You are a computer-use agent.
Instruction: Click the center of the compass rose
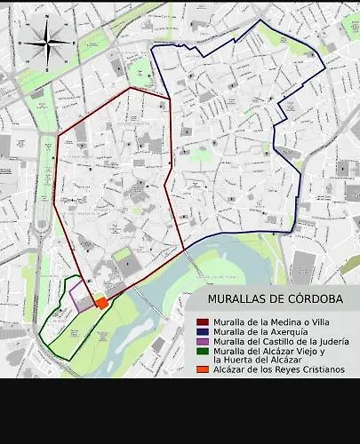click(x=47, y=43)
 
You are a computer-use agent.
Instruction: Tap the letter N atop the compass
click(x=47, y=16)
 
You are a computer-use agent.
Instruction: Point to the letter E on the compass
click(x=74, y=43)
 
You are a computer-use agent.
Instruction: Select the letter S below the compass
click(x=47, y=69)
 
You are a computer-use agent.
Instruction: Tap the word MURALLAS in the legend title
click(x=237, y=299)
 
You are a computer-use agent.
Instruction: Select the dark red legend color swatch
click(x=203, y=321)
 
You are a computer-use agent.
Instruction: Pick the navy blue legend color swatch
click(x=203, y=331)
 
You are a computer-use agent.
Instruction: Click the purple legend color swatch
click(x=203, y=341)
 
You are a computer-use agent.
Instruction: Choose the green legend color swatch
click(x=203, y=351)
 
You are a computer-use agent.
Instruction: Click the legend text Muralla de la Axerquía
click(x=261, y=331)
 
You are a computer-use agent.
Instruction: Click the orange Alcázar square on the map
click(x=102, y=303)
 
